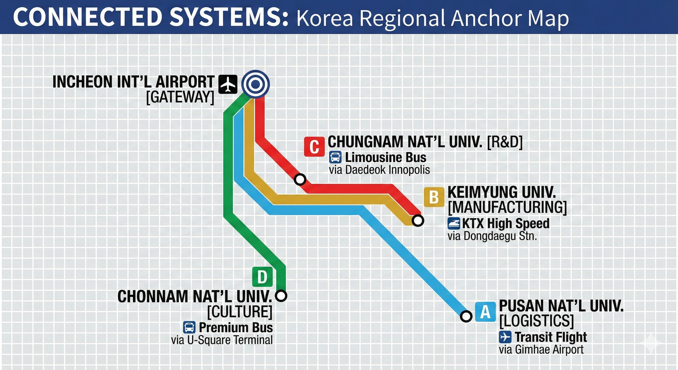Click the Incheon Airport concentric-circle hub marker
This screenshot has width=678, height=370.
pos(256,84)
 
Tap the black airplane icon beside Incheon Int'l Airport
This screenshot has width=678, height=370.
pos(227,84)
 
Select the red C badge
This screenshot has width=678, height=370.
pos(314,147)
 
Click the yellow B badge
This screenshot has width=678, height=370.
pos(434,197)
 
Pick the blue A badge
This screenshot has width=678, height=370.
pos(485,312)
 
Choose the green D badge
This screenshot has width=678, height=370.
pos(262,277)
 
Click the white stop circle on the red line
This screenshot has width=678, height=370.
pos(300,179)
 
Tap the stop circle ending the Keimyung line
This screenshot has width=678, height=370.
pos(418,221)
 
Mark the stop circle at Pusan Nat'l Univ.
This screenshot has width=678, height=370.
pos(466,316)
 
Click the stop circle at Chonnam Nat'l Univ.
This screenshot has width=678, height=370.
pos(281,296)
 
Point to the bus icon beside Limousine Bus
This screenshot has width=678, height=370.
pos(335,157)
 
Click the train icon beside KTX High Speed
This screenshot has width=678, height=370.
pos(454,224)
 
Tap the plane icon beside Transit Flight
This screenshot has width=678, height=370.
pos(505,337)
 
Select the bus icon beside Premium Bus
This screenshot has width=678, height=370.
pos(189,328)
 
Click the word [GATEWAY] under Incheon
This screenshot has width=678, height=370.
pos(180,97)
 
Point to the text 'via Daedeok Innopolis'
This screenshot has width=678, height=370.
pos(379,170)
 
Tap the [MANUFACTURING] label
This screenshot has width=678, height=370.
pos(507,208)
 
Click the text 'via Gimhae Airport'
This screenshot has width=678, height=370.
pos(541,350)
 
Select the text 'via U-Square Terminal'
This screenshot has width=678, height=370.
pos(222,340)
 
